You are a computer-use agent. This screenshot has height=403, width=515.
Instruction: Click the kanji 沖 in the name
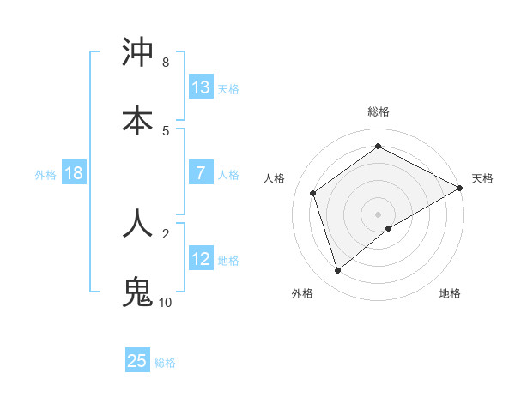coord(137,53)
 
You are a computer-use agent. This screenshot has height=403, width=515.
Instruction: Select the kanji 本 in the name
coord(137,120)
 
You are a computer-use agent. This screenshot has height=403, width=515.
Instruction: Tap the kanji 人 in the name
coord(137,223)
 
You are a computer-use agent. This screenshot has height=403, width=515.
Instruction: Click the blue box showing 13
coord(201,87)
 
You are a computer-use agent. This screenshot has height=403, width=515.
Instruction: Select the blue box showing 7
coord(201,173)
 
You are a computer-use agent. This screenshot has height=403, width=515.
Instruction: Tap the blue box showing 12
coord(201,258)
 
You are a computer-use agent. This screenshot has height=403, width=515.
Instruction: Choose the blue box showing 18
coord(74,173)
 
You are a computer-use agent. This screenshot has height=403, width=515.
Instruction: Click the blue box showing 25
coord(137,361)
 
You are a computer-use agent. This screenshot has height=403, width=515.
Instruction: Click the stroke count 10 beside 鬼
coord(166,303)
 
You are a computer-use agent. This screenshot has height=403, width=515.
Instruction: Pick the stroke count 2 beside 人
coord(166,232)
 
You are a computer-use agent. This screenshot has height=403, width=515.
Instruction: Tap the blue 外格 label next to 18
coord(45,174)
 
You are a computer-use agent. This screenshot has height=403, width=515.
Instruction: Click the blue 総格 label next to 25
coord(165,362)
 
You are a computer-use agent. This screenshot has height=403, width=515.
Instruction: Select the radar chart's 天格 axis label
coord(482,178)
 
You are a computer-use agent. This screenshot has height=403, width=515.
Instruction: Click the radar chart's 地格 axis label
coord(450,293)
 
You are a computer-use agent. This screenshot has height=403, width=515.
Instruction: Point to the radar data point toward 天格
coord(460,188)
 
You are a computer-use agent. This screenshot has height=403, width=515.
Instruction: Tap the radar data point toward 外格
coord(337,271)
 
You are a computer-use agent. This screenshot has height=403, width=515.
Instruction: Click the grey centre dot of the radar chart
coord(379,214)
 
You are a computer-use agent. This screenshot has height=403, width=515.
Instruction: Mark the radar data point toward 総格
coord(379,147)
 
